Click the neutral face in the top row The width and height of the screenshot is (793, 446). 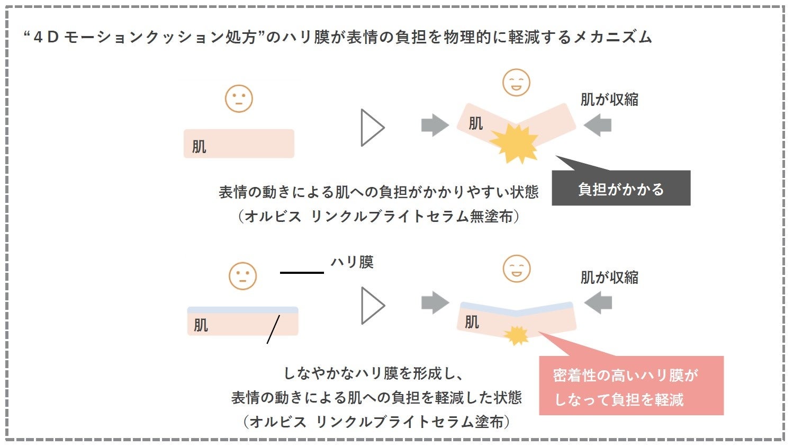tap(239, 99)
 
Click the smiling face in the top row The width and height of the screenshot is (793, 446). tap(516, 83)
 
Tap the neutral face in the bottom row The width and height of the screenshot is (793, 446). tap(242, 276)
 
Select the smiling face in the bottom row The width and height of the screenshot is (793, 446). tap(516, 269)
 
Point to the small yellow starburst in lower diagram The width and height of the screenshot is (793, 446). tap(516, 335)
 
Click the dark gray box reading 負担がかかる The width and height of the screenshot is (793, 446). tap(621, 188)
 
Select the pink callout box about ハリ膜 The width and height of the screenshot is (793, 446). tap(631, 386)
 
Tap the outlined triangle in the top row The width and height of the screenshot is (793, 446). tap(372, 128)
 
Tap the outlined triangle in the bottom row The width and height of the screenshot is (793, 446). tap(372, 306)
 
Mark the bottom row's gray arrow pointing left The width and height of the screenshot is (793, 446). tap(598, 302)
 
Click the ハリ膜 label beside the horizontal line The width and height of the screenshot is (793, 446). tap(352, 262)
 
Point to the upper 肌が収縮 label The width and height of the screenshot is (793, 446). tap(609, 100)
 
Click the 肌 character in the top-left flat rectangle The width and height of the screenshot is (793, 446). tap(199, 146)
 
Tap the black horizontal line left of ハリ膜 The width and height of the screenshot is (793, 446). tap(302, 272)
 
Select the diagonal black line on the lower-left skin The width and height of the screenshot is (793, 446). tap(273, 329)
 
